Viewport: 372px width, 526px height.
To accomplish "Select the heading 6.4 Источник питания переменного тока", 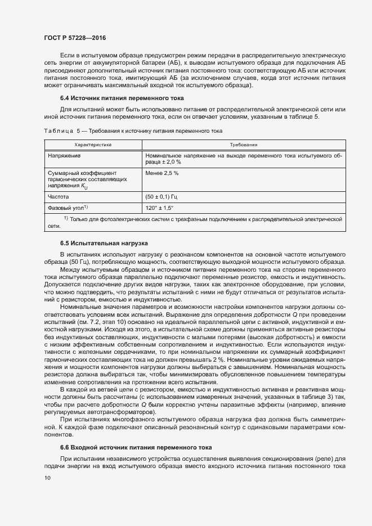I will [106, 97].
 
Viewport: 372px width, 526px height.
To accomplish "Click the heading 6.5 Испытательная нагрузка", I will [96, 244].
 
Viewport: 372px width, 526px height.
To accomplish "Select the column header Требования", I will [244, 145].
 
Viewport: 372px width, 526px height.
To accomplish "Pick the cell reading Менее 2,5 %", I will [162, 173].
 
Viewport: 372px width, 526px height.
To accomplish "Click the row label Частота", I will [59, 197].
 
